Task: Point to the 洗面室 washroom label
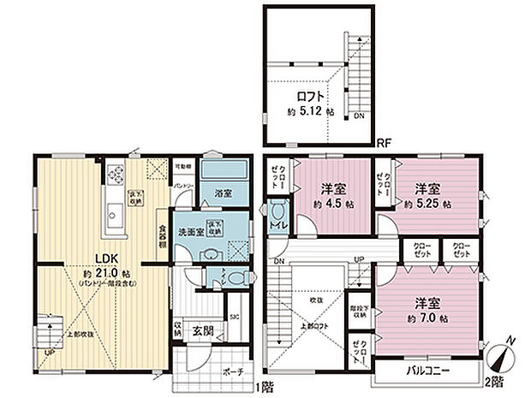point(191,232)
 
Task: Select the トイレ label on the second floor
point(277,226)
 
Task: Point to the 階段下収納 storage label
point(359,314)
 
